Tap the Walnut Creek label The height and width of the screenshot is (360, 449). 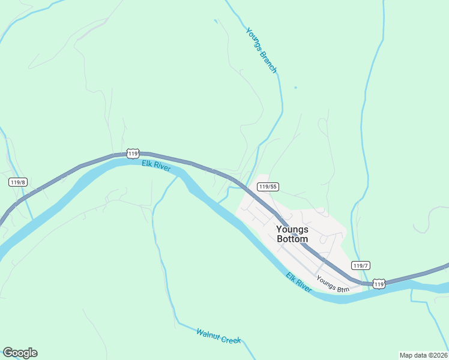click(x=218, y=336)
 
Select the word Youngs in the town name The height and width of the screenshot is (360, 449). click(x=292, y=229)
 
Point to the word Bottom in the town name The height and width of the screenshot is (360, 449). click(x=292, y=239)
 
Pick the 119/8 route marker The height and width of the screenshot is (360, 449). click(x=18, y=182)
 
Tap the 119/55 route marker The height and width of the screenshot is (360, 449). click(x=267, y=187)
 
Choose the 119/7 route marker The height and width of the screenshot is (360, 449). click(x=361, y=266)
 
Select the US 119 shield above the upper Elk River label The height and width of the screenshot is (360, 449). click(x=133, y=154)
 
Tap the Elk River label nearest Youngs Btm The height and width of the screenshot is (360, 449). click(x=298, y=283)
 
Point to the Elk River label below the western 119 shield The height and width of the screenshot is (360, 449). click(x=156, y=166)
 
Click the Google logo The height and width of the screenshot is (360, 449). click(x=20, y=353)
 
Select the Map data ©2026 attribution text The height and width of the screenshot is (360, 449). click(x=423, y=355)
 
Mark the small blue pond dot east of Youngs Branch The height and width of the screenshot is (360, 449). click(x=295, y=88)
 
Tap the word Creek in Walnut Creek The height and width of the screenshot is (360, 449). click(x=231, y=340)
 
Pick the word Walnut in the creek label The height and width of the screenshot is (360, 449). click(x=208, y=332)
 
